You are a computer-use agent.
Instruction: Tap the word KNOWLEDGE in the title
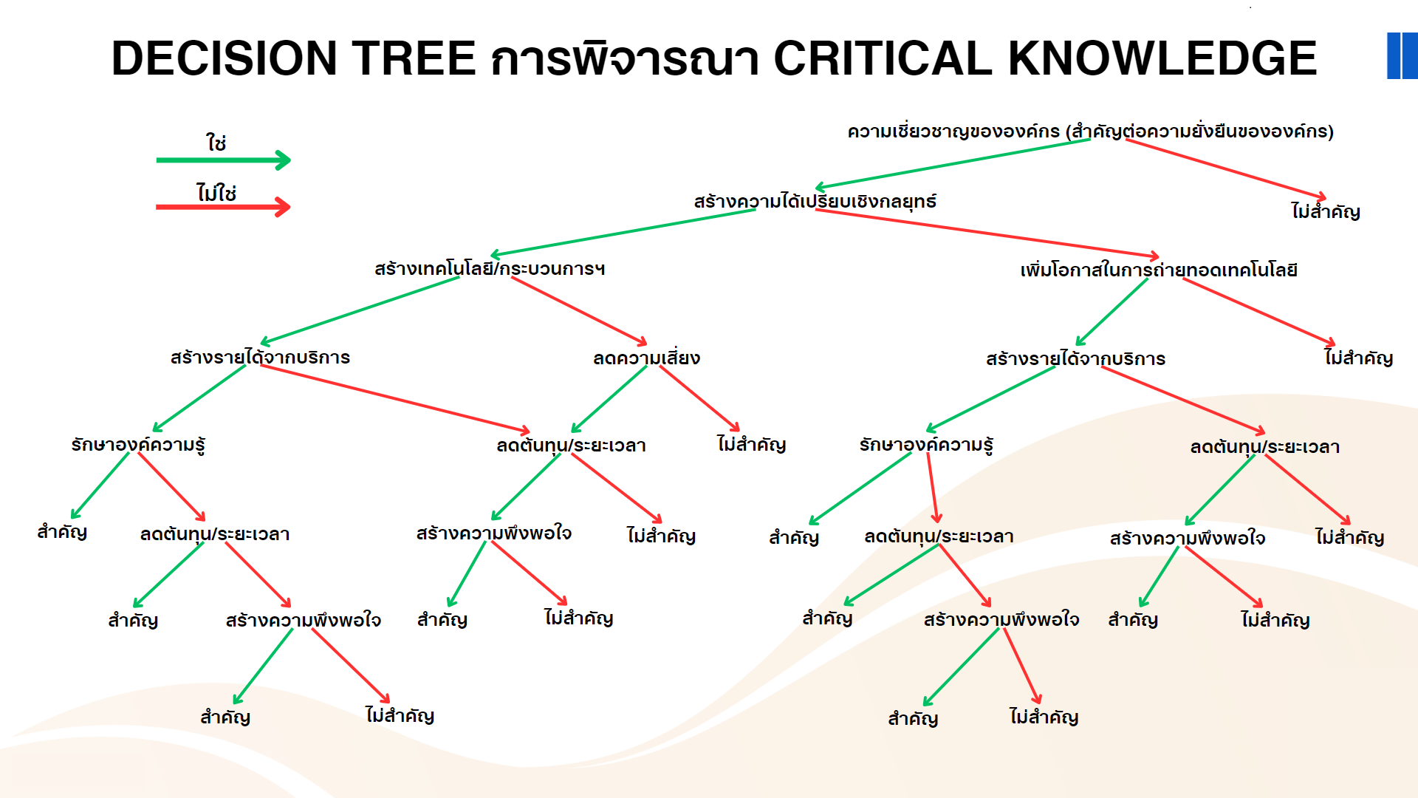click(x=1162, y=58)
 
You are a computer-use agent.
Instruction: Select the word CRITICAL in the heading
click(x=883, y=58)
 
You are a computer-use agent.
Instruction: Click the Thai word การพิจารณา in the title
click(x=625, y=58)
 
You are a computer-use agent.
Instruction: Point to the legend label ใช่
click(x=216, y=142)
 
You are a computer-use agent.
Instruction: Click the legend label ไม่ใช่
click(x=216, y=192)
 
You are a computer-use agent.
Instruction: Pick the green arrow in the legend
click(x=223, y=160)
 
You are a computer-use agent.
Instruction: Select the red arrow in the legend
click(x=223, y=207)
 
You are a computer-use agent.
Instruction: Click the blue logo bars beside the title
click(x=1402, y=55)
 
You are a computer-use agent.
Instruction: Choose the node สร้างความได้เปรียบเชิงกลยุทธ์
click(x=815, y=201)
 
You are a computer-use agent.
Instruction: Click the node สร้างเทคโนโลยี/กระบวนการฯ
click(x=490, y=268)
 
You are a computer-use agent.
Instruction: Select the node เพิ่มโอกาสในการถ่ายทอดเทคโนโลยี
click(x=1159, y=270)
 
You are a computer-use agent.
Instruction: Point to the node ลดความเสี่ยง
click(x=646, y=358)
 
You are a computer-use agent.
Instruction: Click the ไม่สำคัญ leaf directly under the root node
click(x=1326, y=211)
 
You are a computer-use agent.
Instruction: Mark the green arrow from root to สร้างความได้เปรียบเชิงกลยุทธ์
click(x=952, y=164)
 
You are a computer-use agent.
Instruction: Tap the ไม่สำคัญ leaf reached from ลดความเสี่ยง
click(x=751, y=444)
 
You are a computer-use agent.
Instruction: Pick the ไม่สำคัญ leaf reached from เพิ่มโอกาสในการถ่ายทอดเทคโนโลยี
click(x=1359, y=358)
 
